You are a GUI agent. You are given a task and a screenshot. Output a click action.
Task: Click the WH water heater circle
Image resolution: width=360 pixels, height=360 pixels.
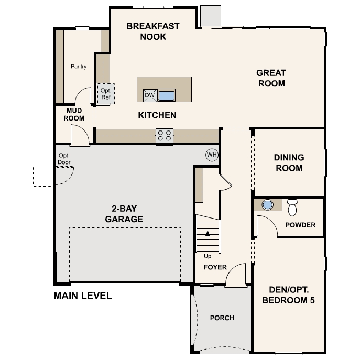pos(212,155)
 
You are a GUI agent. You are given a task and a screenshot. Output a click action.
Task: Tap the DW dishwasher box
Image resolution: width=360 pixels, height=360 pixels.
pos(150,95)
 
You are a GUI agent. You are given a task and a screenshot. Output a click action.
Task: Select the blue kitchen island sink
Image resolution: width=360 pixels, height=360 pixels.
pos(167,95)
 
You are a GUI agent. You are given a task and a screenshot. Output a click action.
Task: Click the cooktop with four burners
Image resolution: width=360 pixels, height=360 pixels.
pos(165,136)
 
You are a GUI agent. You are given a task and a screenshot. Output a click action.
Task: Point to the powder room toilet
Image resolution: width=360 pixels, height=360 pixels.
pos(292,208)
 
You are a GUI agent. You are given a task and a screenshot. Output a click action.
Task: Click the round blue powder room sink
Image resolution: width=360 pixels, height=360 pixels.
pos(267,204)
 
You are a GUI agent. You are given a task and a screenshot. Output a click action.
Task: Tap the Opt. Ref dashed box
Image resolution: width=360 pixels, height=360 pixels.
pos(106,94)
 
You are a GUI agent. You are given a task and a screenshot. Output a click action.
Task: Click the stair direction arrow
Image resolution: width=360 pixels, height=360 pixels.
pos(208,241)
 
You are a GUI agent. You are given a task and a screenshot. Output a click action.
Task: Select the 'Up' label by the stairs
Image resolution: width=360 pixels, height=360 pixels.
pos(208,256)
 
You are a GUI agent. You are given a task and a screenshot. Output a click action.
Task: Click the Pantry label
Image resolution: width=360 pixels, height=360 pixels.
pos(79,67)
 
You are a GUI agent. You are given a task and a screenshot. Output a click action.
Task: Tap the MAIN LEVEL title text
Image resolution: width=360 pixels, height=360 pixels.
pos(83,296)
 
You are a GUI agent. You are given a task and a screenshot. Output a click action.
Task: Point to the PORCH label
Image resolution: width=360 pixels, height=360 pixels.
pos(222,318)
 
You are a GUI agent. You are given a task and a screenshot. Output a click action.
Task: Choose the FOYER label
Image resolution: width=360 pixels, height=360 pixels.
pos(215,267)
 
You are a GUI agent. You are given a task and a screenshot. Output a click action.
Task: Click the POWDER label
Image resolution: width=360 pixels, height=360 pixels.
pos(300,225)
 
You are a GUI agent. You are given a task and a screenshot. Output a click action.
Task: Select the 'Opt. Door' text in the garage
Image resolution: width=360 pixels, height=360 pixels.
pos(64,159)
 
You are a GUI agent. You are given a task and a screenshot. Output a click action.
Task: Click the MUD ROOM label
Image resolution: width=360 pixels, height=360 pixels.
pos(74,114)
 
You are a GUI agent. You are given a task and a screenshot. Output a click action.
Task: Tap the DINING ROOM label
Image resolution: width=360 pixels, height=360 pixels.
pos(289,163)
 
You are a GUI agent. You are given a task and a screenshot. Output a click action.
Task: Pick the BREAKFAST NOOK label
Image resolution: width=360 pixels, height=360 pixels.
pos(153,31)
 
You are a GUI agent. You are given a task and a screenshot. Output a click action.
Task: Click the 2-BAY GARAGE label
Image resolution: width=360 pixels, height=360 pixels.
pos(124,214)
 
